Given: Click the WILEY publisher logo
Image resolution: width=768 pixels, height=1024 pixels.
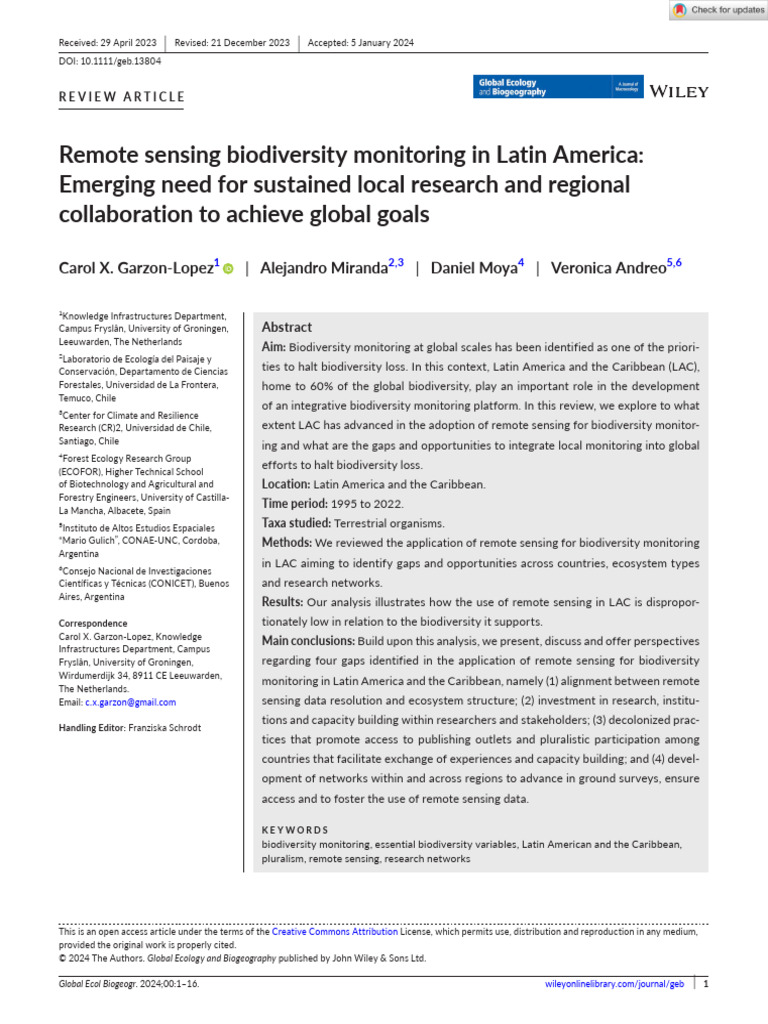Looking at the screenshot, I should pos(679,91).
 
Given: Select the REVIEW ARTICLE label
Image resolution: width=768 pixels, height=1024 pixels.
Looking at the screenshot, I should pos(122,97).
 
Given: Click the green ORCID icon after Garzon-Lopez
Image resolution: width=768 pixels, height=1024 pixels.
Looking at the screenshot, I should pos(228,269).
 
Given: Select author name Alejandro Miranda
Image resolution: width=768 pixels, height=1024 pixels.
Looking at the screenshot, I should pos(323,268).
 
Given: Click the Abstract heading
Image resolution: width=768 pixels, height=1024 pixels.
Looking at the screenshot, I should pos(287,327).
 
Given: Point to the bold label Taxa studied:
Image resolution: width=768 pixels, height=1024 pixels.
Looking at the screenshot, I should pos(296,523).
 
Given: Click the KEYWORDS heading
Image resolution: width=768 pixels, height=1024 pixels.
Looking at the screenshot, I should pos(295,830).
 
